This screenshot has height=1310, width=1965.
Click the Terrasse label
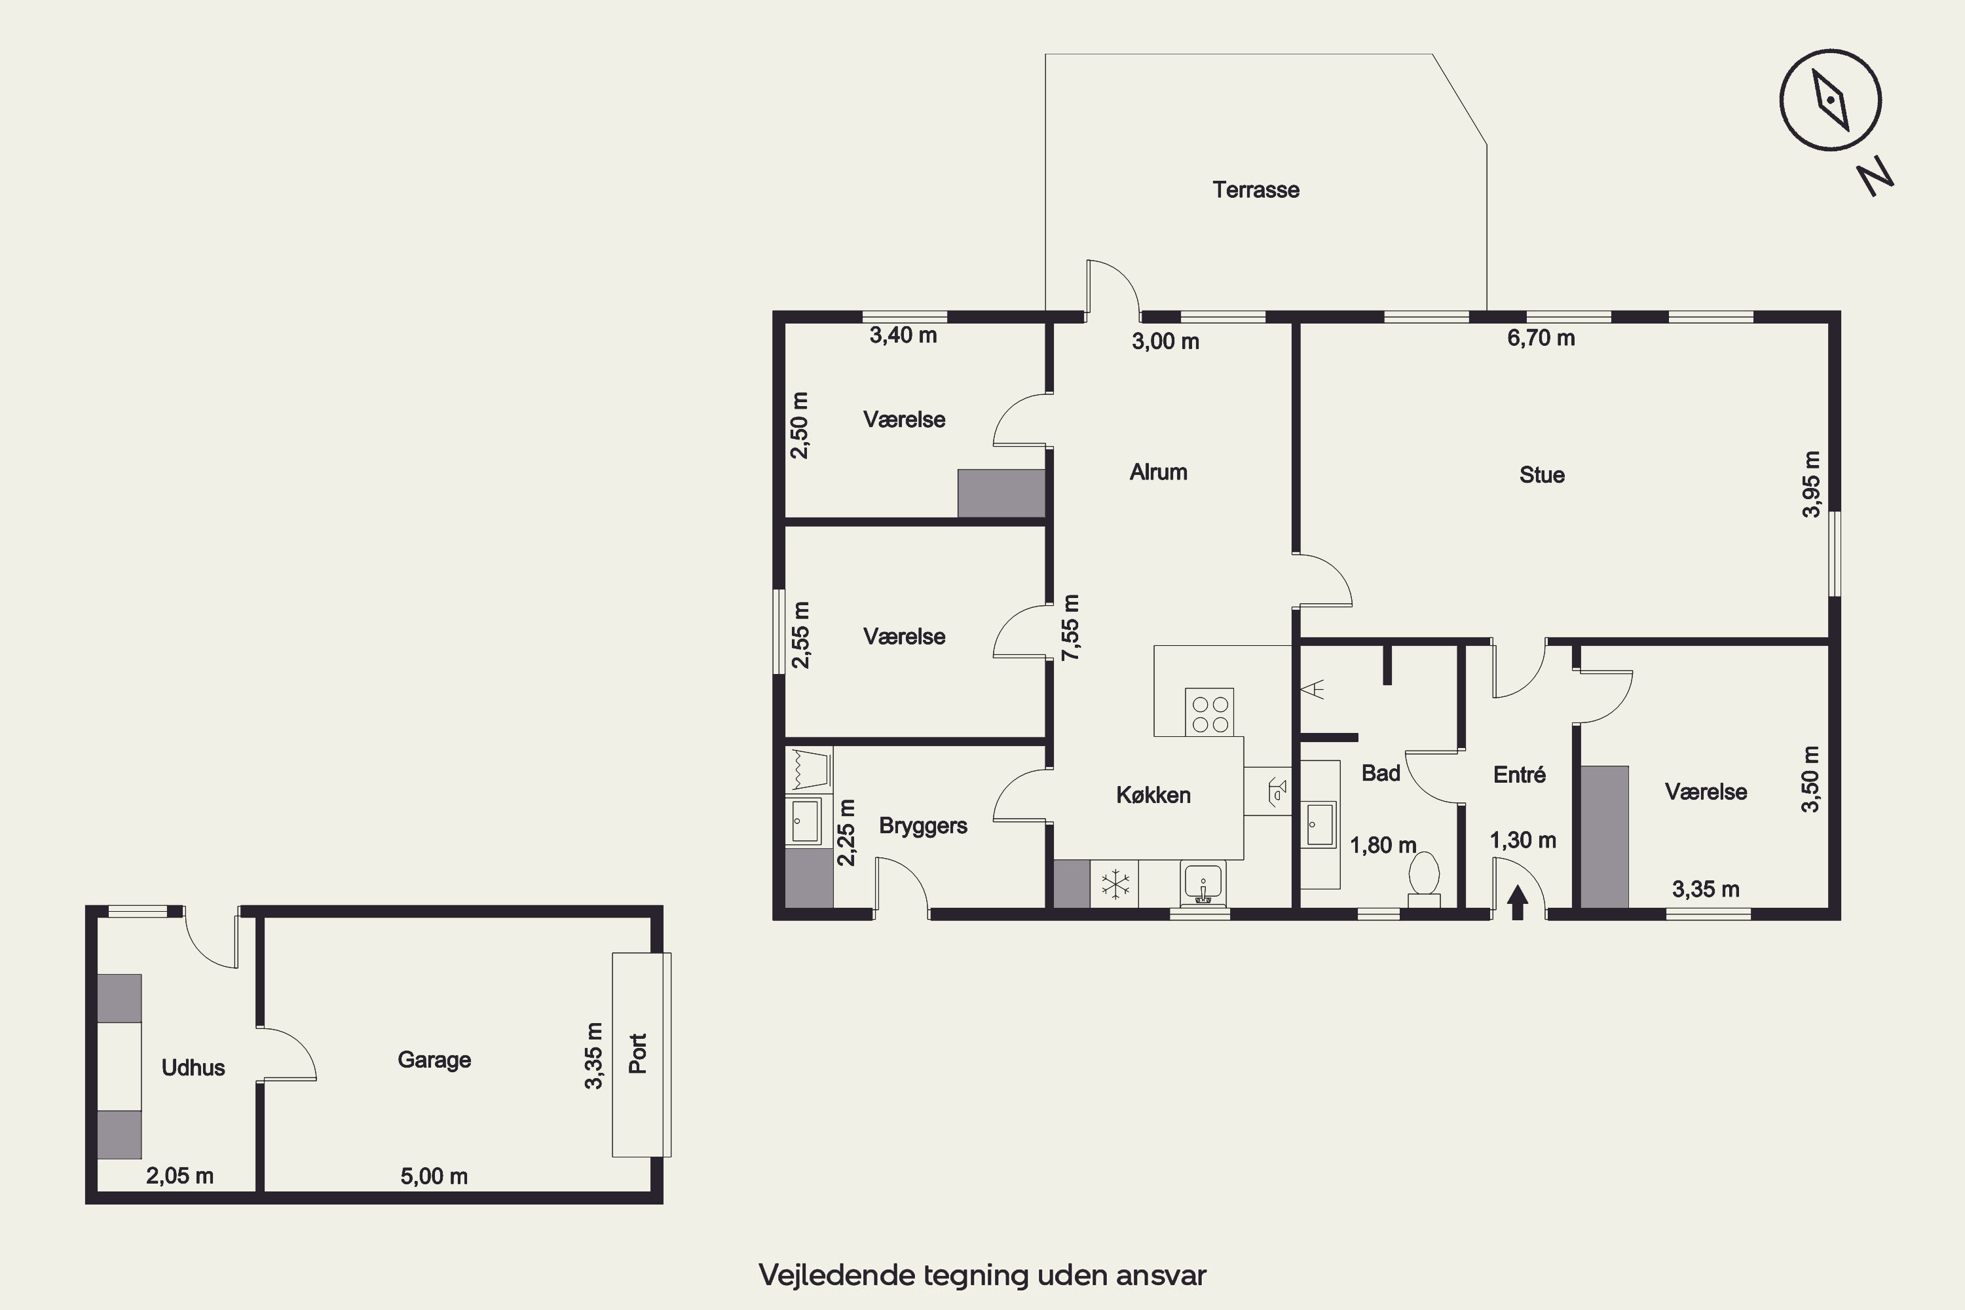point(1256,190)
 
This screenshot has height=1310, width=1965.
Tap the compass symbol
point(1829,100)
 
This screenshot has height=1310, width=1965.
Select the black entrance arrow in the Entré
point(1518,903)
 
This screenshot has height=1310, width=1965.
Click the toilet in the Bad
point(1423,879)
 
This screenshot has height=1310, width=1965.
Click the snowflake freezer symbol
point(1115,884)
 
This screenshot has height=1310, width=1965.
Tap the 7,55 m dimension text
point(1070,627)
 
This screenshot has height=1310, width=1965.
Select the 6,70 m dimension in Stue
point(1541,339)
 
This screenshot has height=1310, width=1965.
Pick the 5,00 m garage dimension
point(434,1176)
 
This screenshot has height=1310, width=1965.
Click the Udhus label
point(193,1068)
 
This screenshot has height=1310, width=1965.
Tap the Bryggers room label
point(923,826)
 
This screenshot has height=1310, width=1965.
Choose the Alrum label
point(1158,472)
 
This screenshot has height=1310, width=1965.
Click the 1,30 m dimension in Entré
point(1523,840)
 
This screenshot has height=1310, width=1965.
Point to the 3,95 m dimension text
point(1810,485)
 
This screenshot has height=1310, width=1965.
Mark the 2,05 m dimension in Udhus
point(179,1176)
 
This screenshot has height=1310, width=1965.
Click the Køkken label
point(1153,795)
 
